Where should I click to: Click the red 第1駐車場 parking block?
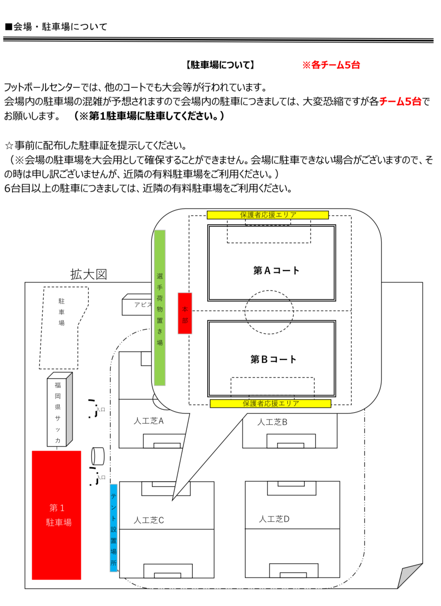click(x=56, y=515)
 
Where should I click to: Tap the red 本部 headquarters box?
click(x=185, y=313)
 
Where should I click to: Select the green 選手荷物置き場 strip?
click(x=160, y=307)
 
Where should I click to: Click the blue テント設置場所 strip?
click(x=114, y=528)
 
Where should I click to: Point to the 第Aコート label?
click(x=276, y=270)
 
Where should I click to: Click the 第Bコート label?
click(x=273, y=359)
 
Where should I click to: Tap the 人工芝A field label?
click(x=149, y=421)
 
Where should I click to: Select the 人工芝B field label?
click(x=272, y=422)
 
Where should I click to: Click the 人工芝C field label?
click(x=149, y=520)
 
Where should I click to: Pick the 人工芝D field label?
click(x=274, y=519)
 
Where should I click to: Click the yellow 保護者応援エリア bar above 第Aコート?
click(x=268, y=215)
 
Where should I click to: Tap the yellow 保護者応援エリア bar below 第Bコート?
click(x=270, y=404)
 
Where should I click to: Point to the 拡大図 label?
click(x=89, y=274)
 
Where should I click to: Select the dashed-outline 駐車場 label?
click(x=62, y=311)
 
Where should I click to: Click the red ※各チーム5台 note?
click(x=331, y=65)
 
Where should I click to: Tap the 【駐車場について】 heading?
click(x=220, y=65)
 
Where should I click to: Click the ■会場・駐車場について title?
click(x=56, y=27)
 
